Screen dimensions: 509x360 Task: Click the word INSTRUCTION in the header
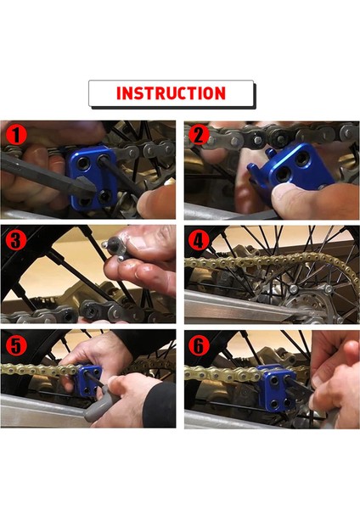pos(171,93)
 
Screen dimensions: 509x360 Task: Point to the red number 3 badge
pos(14,240)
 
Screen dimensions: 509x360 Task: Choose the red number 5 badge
pos(14,345)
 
